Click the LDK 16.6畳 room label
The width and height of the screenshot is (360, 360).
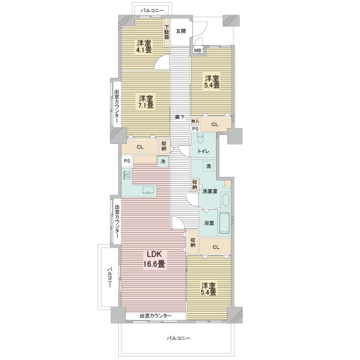coord(154,259)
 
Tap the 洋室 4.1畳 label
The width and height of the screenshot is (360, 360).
coord(144,46)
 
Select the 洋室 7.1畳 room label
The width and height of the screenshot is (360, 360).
coord(146,102)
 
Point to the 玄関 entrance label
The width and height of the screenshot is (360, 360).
coord(181,31)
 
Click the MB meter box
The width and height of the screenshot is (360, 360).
coord(197,50)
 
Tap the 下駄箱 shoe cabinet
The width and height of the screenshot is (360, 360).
coord(167,32)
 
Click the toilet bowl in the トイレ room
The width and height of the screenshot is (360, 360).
coord(200,138)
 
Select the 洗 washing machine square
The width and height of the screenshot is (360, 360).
coord(208,166)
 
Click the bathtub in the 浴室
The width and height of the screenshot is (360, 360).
coord(224,222)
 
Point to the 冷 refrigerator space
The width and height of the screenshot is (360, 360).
coord(163,161)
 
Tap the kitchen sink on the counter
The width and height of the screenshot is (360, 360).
coord(149,190)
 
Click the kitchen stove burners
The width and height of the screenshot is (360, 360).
coord(127,176)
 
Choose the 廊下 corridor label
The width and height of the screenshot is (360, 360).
coord(180,117)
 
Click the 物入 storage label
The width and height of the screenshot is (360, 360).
coord(195,121)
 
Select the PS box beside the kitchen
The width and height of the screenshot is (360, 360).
coord(127,161)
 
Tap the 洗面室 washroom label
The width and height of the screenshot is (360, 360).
coord(209,191)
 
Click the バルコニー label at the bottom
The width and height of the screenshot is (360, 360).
coord(179,338)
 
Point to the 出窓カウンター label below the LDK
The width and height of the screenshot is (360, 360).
coord(155,316)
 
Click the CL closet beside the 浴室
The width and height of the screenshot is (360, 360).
coord(215,247)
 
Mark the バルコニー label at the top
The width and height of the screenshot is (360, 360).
coord(152,11)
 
